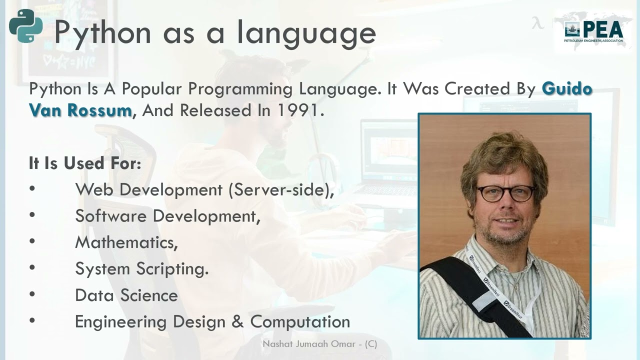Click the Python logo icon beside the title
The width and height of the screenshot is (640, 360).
[x=25, y=26]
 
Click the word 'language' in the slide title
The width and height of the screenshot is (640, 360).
[x=306, y=33]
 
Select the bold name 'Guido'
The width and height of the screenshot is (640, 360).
[x=567, y=89]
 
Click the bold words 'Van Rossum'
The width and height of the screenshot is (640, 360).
[x=80, y=110]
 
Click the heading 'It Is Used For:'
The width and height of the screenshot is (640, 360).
[x=85, y=163]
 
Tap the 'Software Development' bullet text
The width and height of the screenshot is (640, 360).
[x=167, y=216]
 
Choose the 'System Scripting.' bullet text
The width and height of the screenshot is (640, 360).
[x=141, y=269]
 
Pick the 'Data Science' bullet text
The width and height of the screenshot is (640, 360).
[x=126, y=295]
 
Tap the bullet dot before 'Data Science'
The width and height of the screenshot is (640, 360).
[x=32, y=294]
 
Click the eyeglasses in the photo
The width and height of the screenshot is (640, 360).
[x=505, y=193]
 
